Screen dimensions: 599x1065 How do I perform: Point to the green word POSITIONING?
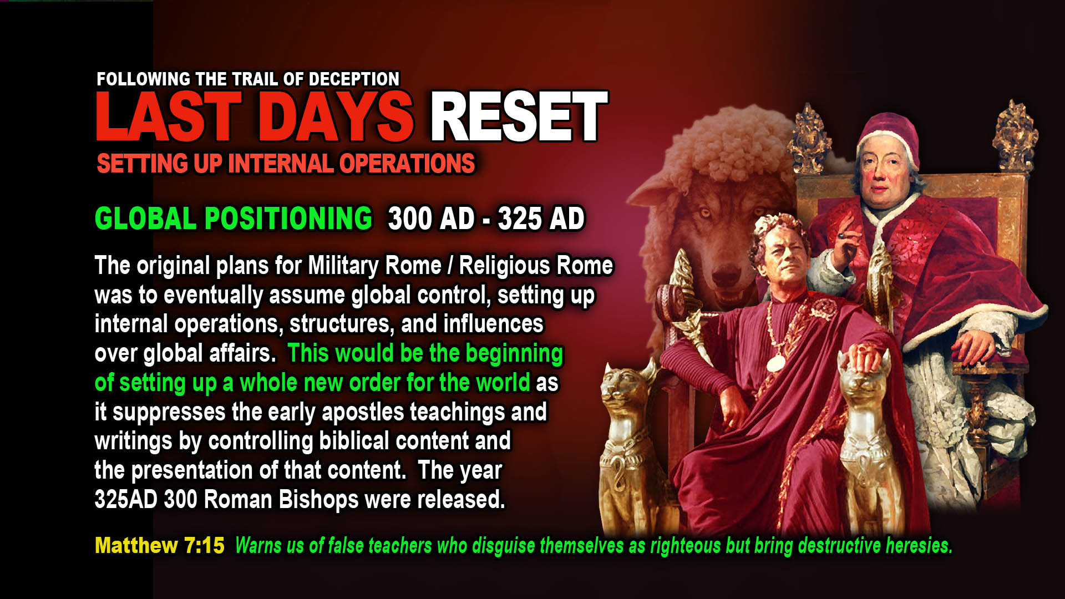pyautogui.click(x=288, y=218)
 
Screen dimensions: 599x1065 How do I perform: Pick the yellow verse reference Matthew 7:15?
pyautogui.click(x=160, y=546)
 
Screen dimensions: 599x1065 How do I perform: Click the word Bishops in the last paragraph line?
pyautogui.click(x=318, y=499)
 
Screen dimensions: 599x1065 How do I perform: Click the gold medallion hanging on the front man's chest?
pyautogui.click(x=775, y=363)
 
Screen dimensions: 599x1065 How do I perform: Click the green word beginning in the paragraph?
pyautogui.click(x=514, y=353)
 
